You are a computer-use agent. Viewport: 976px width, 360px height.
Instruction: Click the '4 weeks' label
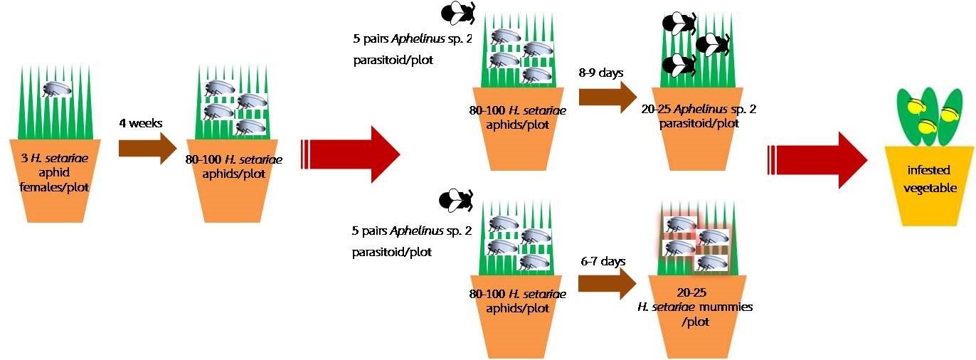click(142, 123)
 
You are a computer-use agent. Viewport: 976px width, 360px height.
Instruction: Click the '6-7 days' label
click(603, 261)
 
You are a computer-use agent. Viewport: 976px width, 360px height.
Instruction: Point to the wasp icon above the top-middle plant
click(458, 12)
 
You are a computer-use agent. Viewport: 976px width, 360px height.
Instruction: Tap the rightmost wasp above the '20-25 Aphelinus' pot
click(712, 45)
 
